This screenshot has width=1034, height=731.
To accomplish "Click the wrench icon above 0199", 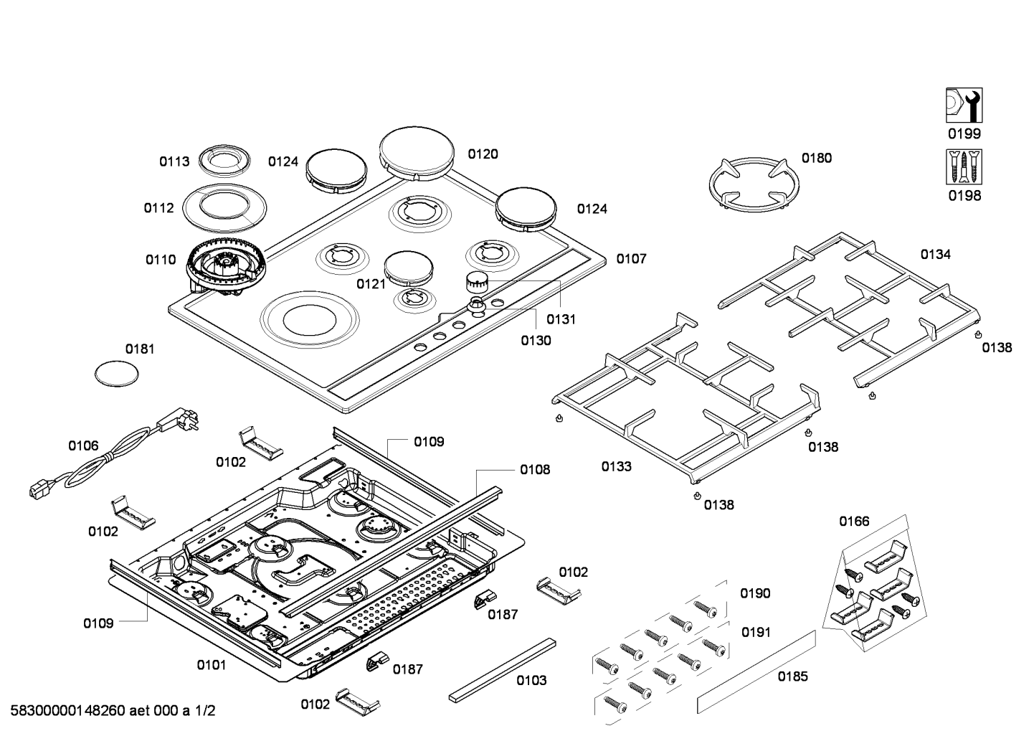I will [964, 105].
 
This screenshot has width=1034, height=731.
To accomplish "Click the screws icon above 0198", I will [964, 167].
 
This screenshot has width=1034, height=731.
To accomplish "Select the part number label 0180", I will [817, 158].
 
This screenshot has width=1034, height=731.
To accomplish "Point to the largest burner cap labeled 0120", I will [417, 152].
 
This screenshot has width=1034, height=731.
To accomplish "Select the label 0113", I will [174, 161].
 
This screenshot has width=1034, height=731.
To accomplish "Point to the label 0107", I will [631, 258].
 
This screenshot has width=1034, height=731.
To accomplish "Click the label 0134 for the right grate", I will [936, 254].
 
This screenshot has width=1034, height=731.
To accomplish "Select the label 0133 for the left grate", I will [617, 466].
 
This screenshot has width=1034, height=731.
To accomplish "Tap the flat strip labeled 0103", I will [502, 669].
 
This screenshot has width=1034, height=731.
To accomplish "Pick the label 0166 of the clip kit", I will [854, 522].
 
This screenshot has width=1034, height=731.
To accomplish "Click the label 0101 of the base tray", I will [212, 665].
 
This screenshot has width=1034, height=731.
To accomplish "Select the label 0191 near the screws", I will [756, 632].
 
